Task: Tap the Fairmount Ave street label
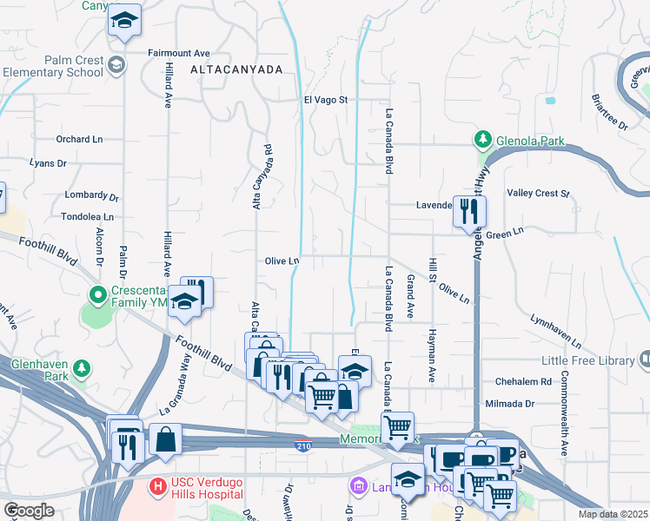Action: [179, 52]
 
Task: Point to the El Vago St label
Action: [325, 100]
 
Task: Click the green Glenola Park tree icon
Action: [481, 140]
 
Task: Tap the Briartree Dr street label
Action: [609, 112]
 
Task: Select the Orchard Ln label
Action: [79, 139]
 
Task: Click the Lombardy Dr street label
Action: [91, 196]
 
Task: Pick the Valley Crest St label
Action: [537, 193]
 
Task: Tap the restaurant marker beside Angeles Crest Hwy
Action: [468, 210]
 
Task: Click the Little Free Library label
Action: [589, 359]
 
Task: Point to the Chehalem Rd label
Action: [523, 381]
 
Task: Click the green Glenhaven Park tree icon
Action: [81, 369]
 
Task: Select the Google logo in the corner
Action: [28, 511]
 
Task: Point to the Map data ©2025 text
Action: [613, 514]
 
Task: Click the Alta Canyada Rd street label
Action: [257, 176]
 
